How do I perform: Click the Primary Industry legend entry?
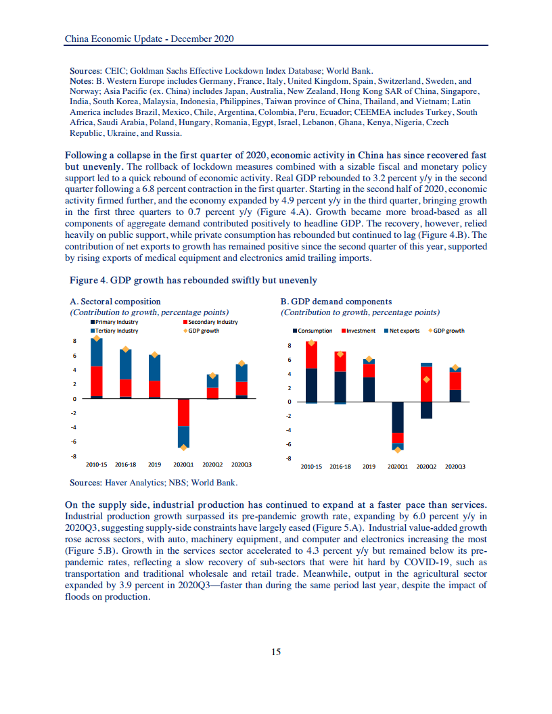pos(116,323)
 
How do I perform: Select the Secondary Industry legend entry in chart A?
pos(210,323)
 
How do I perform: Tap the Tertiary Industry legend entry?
pos(116,331)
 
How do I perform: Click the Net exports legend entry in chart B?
pos(405,331)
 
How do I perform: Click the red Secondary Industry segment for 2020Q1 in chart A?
pos(184,412)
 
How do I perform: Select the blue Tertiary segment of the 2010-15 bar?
pos(97,352)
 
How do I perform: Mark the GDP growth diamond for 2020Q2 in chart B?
pos(426,379)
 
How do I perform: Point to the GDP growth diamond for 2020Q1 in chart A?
pos(184,447)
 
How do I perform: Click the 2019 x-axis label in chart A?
pos(154,465)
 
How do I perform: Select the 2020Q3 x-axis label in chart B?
pos(455,467)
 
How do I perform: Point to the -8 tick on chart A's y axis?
pos(75,456)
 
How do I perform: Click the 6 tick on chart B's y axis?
pos(289,360)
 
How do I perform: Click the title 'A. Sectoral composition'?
pos(115,302)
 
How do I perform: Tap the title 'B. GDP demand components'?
pos(336,302)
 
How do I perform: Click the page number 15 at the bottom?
pos(276,652)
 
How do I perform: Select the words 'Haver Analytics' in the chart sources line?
pos(131,483)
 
